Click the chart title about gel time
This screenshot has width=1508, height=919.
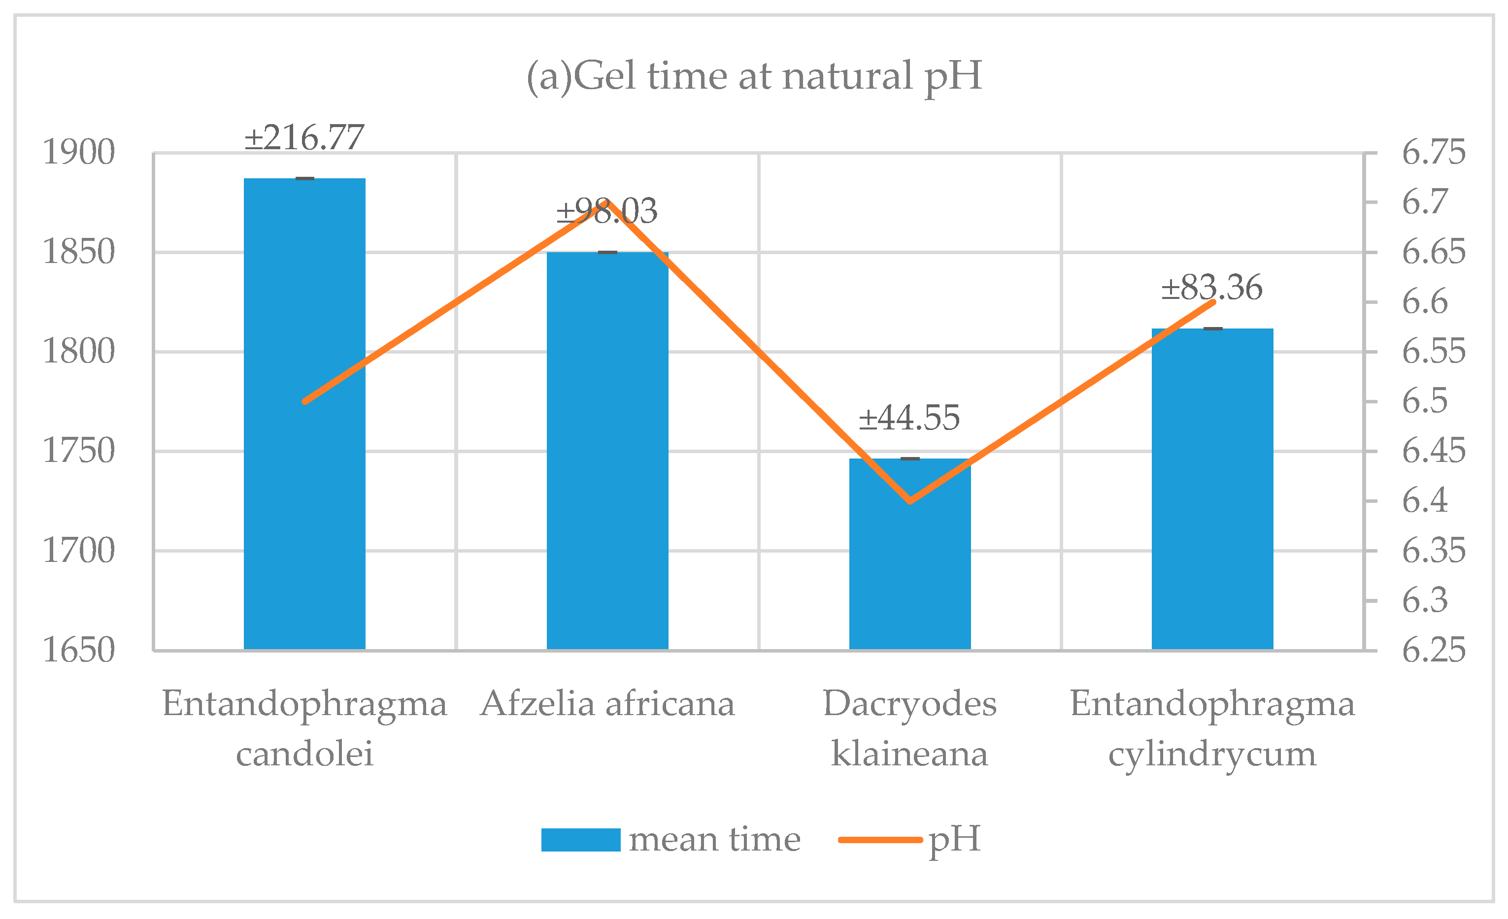[754, 77]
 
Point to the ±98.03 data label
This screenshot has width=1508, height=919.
[606, 211]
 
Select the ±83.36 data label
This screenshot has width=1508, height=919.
[1212, 288]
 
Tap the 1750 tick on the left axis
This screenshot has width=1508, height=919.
[78, 451]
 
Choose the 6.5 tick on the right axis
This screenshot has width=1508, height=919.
[1425, 401]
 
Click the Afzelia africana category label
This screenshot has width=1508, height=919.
[607, 704]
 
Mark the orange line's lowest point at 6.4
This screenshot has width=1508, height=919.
[910, 501]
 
